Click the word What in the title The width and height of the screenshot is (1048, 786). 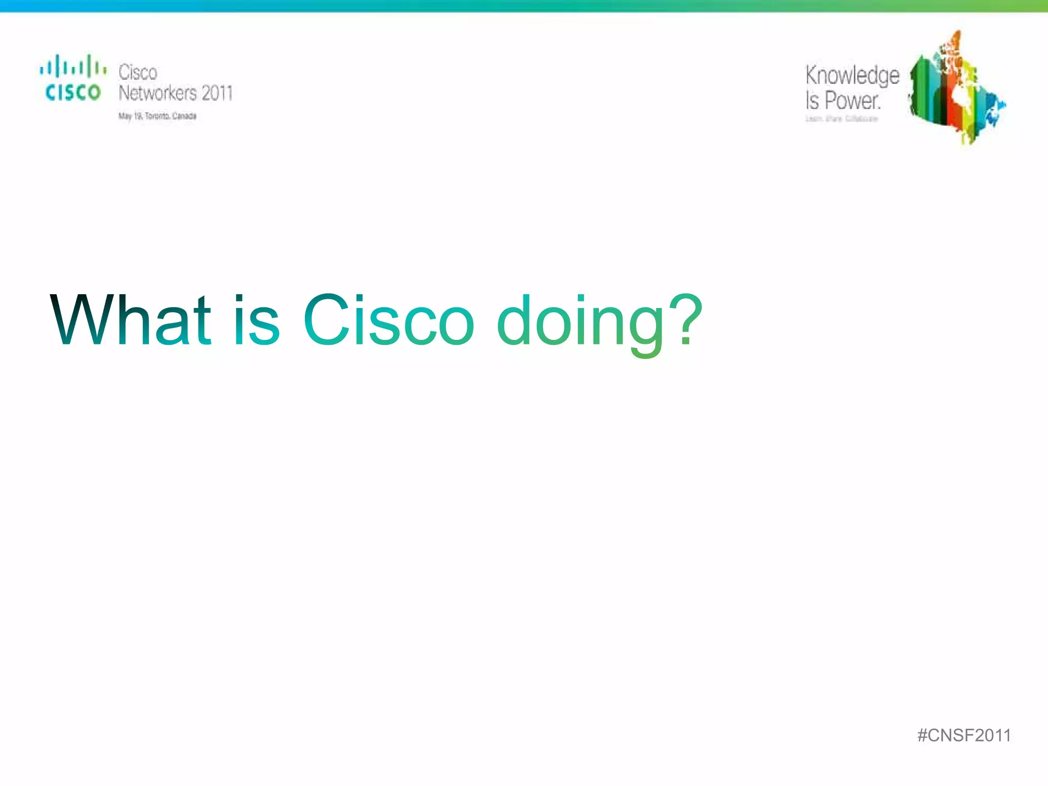[x=130, y=321]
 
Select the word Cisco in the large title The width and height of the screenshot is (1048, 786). [x=389, y=321]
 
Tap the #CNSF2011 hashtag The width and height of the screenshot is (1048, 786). [x=964, y=735]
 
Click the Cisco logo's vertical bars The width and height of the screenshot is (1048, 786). [x=73, y=67]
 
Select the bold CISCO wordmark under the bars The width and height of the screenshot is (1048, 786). [x=73, y=93]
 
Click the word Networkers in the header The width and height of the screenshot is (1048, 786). [x=158, y=93]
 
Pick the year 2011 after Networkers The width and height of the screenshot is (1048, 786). [x=217, y=93]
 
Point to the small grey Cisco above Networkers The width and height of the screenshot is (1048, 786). [x=138, y=72]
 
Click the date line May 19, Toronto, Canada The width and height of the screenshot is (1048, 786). [x=158, y=116]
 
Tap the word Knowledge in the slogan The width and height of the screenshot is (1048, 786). [x=852, y=76]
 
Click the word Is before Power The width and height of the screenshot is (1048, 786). [x=812, y=101]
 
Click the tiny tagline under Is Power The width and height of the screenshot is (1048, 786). [x=842, y=119]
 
